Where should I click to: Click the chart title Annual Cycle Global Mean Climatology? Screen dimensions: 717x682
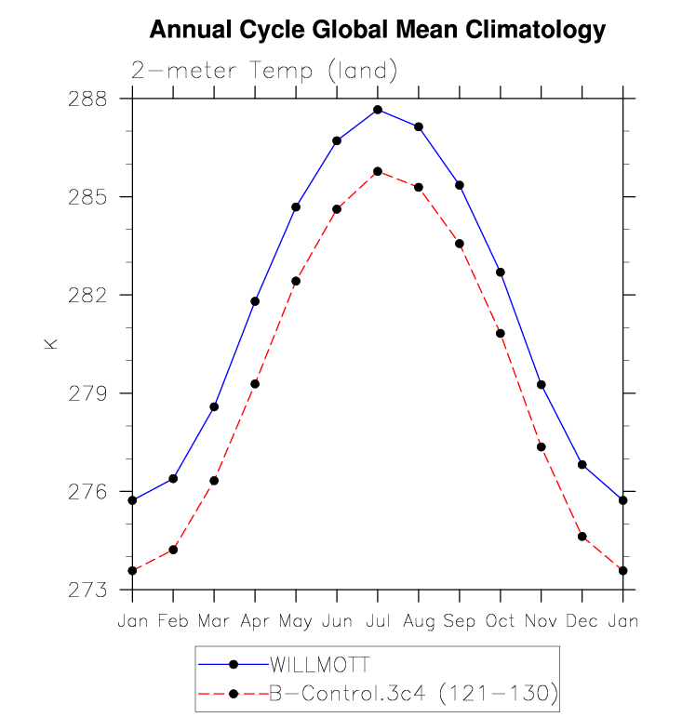point(378,31)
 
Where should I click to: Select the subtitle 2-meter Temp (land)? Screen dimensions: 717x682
point(264,71)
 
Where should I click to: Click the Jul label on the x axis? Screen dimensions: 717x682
point(378,620)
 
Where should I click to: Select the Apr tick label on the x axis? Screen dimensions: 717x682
point(255,620)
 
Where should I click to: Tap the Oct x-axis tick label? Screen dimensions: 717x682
point(501,620)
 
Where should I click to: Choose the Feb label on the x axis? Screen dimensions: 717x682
point(173,620)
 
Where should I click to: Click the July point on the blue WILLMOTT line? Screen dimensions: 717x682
point(378,110)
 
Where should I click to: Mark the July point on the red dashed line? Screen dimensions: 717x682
point(378,171)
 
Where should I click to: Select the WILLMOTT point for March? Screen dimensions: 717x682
point(214,406)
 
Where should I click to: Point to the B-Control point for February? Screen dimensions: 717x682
point(173,550)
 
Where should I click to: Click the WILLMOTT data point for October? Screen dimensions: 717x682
point(501,272)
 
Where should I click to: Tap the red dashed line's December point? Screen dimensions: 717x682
point(582,537)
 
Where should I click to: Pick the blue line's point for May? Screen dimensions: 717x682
point(296,206)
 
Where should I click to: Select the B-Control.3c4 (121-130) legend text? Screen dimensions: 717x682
point(412,693)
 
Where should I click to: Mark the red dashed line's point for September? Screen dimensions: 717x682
point(460,244)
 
